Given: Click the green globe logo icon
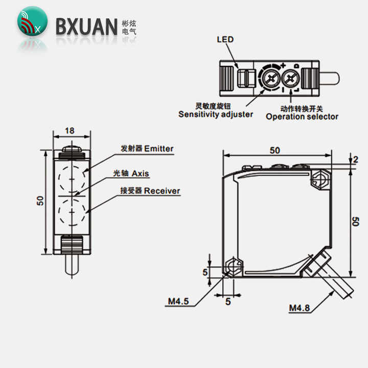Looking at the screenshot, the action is [32, 21].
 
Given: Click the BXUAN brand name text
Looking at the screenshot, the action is [86, 27].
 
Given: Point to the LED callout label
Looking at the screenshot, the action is [225, 39].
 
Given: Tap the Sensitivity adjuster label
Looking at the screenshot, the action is [216, 114].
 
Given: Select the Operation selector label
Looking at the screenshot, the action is [302, 117].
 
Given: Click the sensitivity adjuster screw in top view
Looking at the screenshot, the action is [271, 78].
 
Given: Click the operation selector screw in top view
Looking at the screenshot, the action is [290, 78].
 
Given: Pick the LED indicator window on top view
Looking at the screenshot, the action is [243, 79].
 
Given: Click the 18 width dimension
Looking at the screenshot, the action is [70, 131].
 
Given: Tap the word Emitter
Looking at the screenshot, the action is [159, 149].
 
